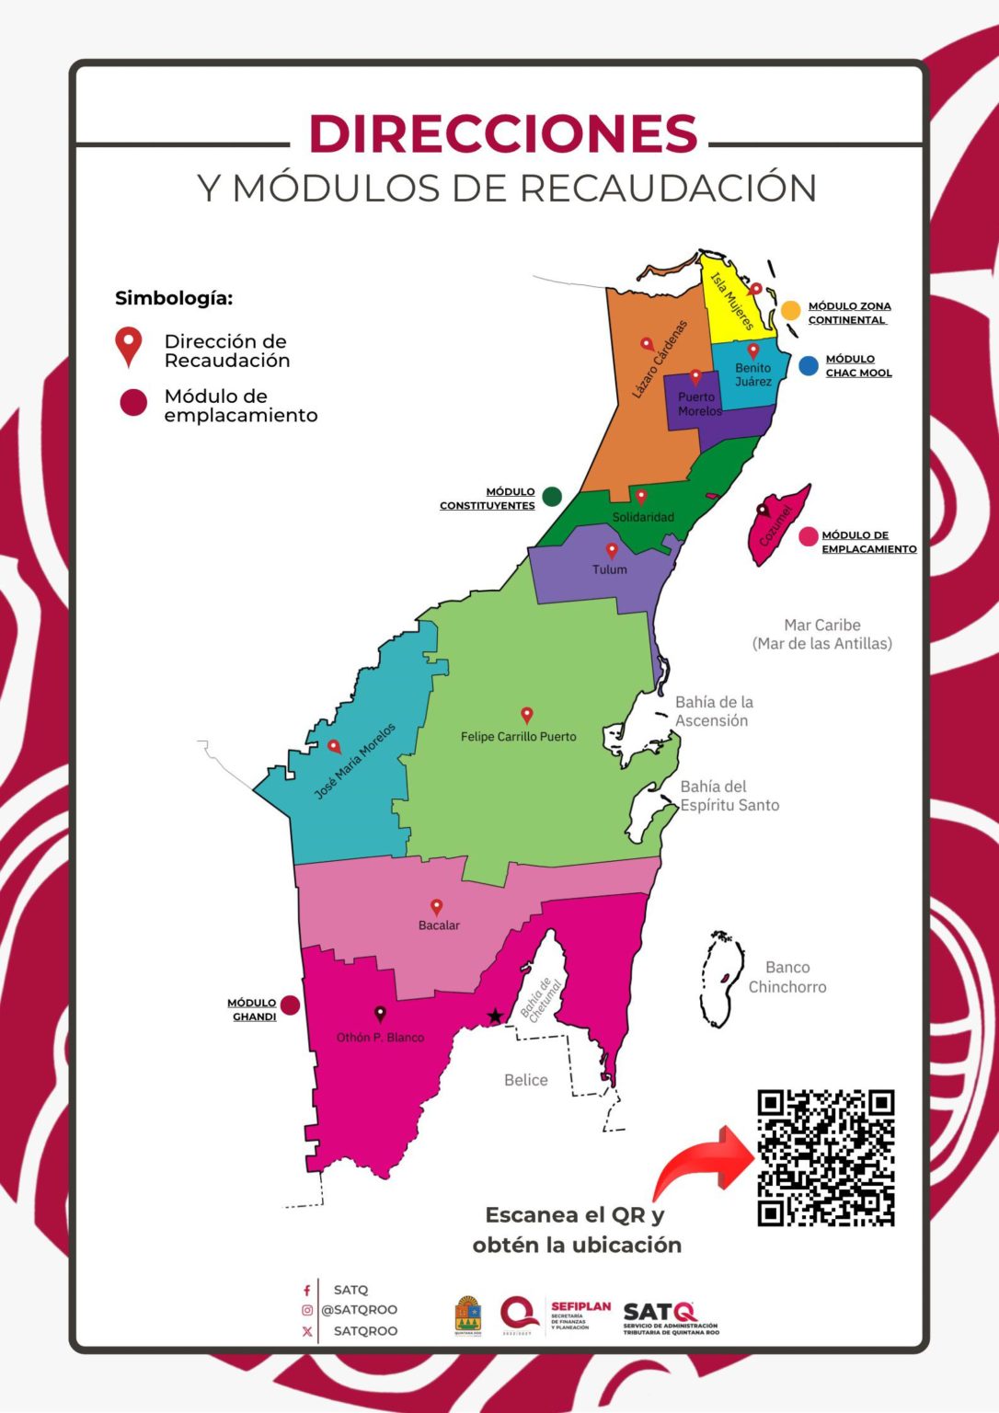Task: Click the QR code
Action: pyautogui.click(x=825, y=1157)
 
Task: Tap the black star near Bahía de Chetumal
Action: pyautogui.click(x=495, y=1017)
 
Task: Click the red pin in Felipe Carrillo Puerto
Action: pyautogui.click(x=527, y=715)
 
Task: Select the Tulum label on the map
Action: pyautogui.click(x=609, y=569)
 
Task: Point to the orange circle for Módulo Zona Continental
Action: pyautogui.click(x=790, y=310)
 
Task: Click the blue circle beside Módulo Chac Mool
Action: pyautogui.click(x=809, y=366)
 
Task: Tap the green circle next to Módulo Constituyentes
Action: pyautogui.click(x=552, y=497)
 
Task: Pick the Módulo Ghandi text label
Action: pyautogui.click(x=253, y=1010)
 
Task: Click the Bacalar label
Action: pyautogui.click(x=439, y=925)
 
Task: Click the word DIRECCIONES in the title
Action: pyautogui.click(x=503, y=134)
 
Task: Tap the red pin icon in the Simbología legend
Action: pyautogui.click(x=129, y=347)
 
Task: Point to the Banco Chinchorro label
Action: pyautogui.click(x=787, y=977)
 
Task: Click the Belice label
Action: pyautogui.click(x=525, y=1080)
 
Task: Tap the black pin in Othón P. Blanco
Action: pyautogui.click(x=380, y=1014)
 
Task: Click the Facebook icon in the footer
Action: pyautogui.click(x=306, y=1291)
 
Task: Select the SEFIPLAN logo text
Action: pyautogui.click(x=580, y=1307)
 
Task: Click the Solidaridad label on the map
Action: pyautogui.click(x=643, y=517)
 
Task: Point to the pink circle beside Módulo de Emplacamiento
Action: pyautogui.click(x=809, y=537)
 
